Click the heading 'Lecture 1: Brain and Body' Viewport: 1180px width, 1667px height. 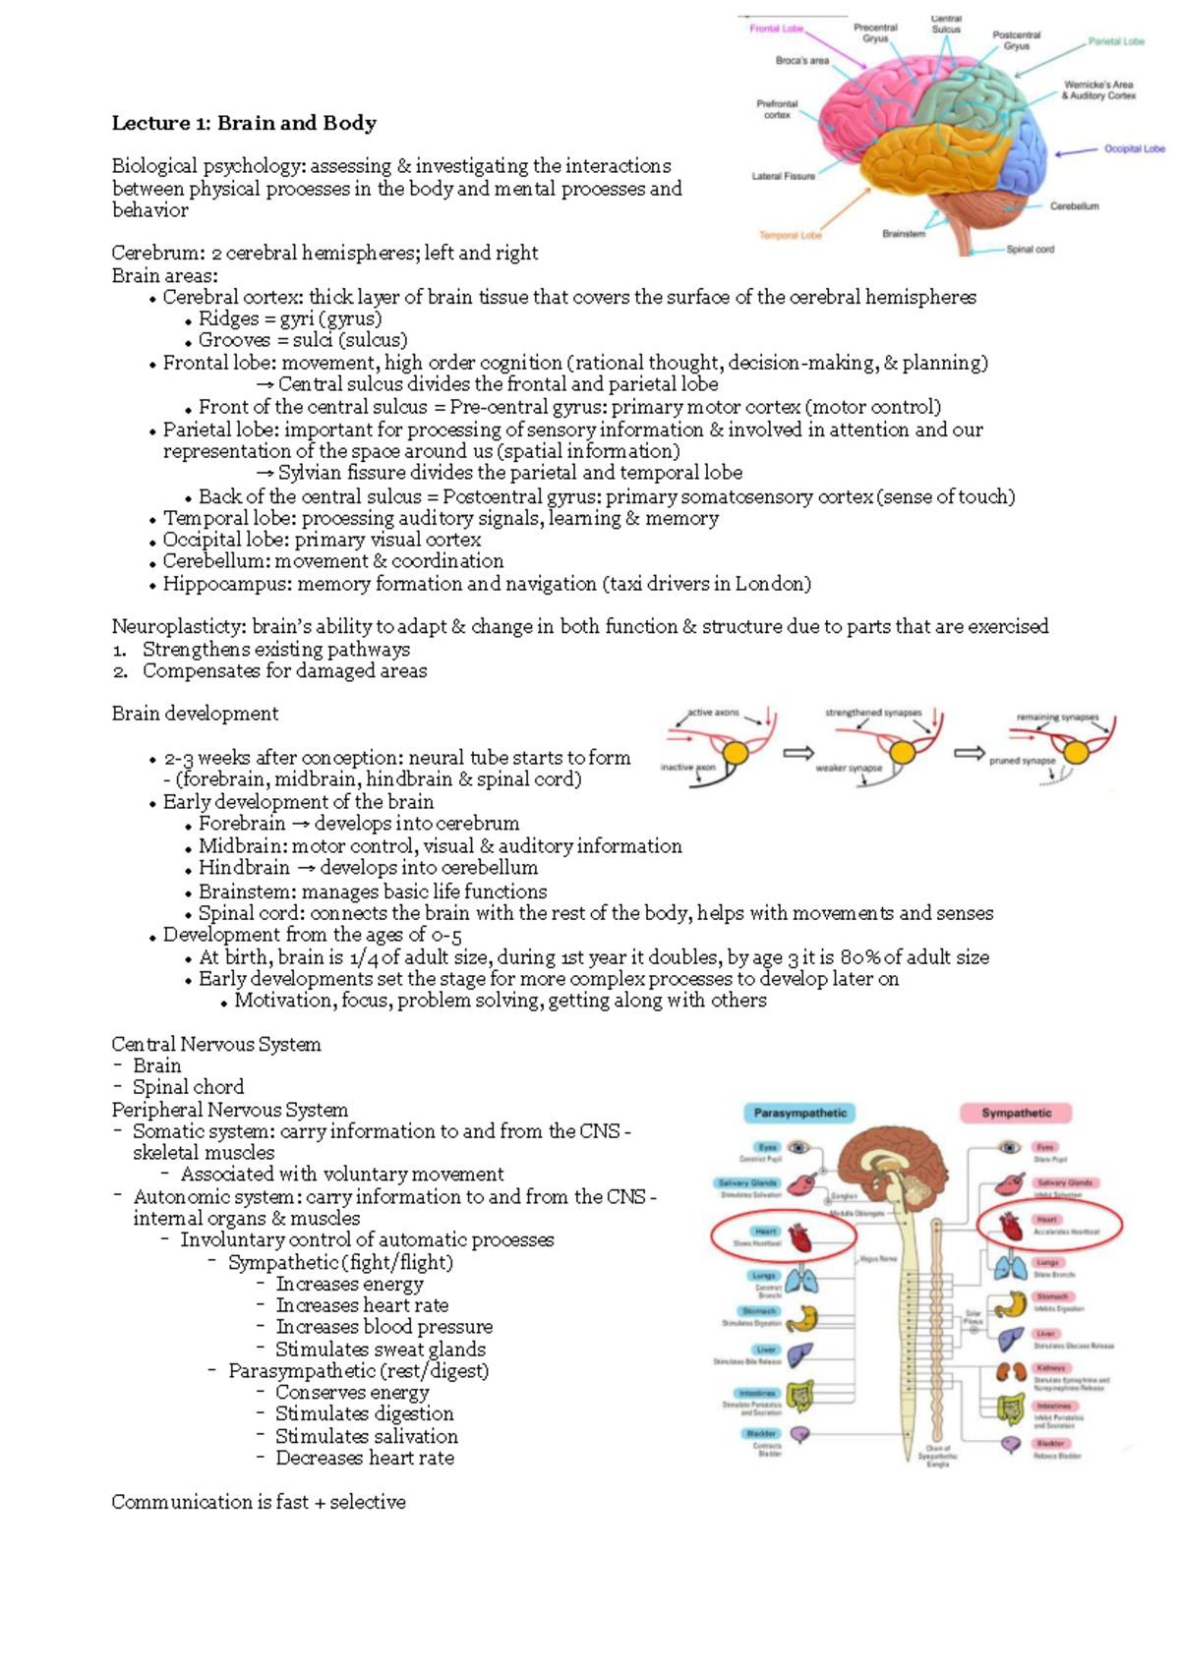coord(244,123)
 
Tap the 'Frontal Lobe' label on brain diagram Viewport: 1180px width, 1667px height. coord(776,29)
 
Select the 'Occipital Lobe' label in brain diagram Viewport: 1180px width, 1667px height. coord(1134,149)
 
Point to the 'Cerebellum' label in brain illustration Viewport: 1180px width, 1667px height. coord(1074,206)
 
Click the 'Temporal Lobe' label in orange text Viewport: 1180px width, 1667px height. coord(790,236)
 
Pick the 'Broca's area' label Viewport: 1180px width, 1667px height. coord(801,61)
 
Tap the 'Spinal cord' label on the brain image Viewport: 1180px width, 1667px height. coord(1030,250)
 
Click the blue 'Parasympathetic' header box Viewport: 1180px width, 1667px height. coord(799,1114)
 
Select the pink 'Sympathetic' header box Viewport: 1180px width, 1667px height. coord(1016,1114)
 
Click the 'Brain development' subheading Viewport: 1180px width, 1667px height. coord(195,714)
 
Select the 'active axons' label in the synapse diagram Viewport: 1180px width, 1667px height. coord(713,713)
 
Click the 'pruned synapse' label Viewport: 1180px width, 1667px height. coord(1022,761)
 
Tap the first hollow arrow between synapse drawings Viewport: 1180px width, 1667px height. coord(797,753)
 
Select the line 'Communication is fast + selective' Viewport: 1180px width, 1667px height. coord(258,1502)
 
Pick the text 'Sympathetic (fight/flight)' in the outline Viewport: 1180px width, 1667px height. coord(340,1262)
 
